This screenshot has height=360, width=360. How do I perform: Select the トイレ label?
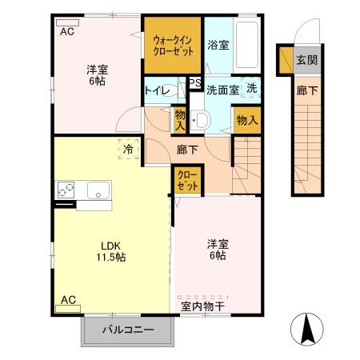[158, 90]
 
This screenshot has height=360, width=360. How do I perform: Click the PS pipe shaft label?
[194, 82]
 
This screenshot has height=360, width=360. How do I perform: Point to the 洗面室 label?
[222, 89]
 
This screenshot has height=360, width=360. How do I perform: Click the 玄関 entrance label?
[306, 60]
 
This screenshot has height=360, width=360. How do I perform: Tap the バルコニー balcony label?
[127, 330]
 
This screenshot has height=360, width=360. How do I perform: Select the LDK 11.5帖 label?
[112, 252]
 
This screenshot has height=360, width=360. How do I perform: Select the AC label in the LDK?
[69, 300]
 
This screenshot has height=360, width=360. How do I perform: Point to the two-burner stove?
[66, 191]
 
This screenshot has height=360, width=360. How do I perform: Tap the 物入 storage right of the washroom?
[247, 120]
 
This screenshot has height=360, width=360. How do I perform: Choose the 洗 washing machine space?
[251, 88]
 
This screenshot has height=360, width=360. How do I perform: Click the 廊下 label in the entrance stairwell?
[306, 90]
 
